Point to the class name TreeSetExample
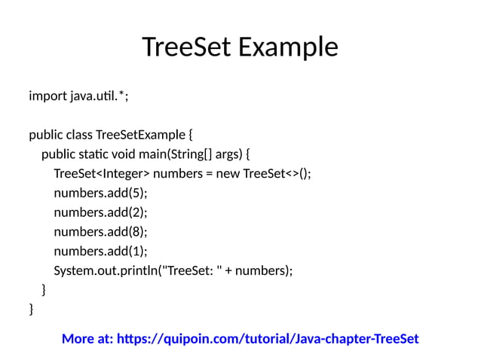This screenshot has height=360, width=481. coord(140,136)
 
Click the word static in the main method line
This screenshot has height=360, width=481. coord(98,155)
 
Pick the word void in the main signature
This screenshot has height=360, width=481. coord(132,155)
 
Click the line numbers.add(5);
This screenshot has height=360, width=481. coord(100,194)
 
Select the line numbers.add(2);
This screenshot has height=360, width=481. coord(100,213)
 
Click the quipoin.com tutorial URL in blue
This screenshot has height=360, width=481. coord(268,339)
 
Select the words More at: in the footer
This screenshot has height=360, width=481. coord(87,339)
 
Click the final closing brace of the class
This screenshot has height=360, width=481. coord(31,309)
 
